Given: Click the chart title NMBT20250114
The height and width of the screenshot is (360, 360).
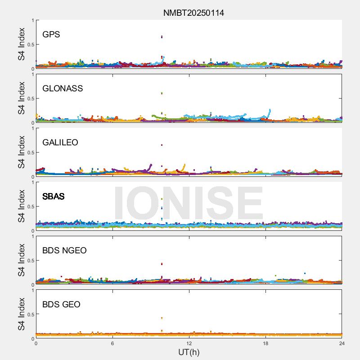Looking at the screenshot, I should [193, 13].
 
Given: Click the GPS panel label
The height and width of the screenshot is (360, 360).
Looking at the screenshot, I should [51, 34].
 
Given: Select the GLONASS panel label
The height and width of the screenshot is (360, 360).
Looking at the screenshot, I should [63, 88].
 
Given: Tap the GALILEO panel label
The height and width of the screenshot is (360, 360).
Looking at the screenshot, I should [60, 142].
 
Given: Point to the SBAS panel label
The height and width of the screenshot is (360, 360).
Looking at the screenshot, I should [54, 196].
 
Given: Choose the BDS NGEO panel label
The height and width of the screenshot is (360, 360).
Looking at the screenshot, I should [64, 250].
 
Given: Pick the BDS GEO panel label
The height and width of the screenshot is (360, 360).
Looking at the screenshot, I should [61, 304].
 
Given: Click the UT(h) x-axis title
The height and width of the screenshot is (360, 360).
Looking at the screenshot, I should [189, 352].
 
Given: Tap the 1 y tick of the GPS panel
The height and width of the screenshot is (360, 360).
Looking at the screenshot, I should [32, 20].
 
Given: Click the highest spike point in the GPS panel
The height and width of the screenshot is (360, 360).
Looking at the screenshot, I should [162, 37].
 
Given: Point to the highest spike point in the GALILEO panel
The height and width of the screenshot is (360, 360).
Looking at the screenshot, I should [162, 145].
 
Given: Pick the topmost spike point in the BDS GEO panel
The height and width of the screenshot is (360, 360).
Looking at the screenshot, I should [162, 318].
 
